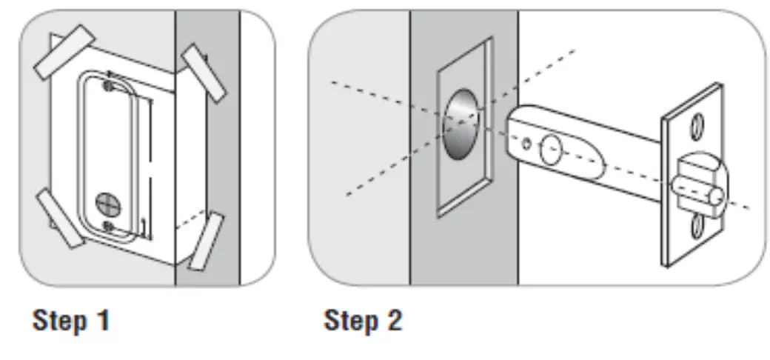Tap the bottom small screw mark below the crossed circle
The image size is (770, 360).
[x=109, y=225]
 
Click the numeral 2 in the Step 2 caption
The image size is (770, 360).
[x=392, y=321]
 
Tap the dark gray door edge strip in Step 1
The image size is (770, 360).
[x=207, y=148]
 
